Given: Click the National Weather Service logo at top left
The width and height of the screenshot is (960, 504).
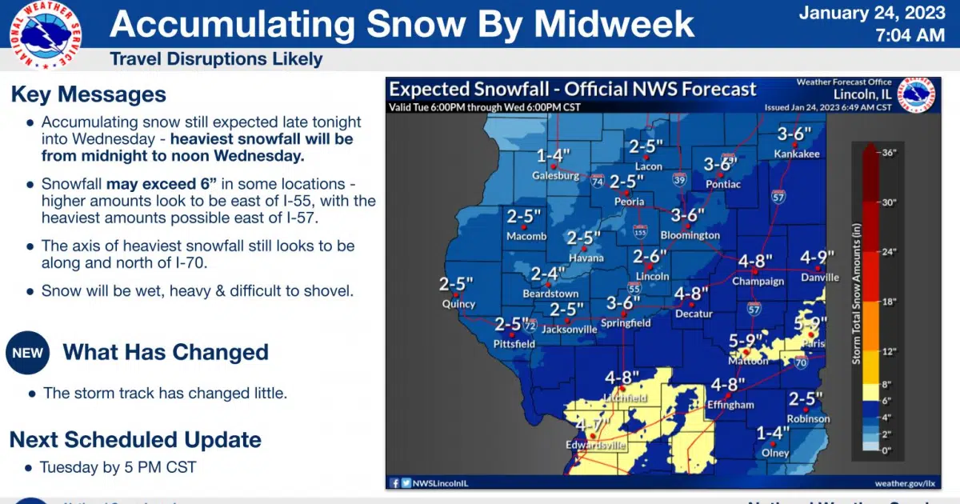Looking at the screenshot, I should pyautogui.click(x=45, y=34).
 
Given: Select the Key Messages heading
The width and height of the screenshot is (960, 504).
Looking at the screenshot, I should pyautogui.click(x=88, y=94).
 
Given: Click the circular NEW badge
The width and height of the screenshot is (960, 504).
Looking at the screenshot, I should pyautogui.click(x=28, y=353).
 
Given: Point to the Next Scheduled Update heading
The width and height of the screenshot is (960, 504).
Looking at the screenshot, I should pyautogui.click(x=135, y=439).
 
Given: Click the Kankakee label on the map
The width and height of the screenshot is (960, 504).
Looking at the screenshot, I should pyautogui.click(x=796, y=154).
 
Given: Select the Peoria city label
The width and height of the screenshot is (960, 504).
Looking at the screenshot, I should pyautogui.click(x=629, y=202).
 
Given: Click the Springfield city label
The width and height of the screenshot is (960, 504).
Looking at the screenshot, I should pyautogui.click(x=628, y=323).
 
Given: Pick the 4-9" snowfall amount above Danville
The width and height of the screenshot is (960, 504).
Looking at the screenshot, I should pyautogui.click(x=818, y=258).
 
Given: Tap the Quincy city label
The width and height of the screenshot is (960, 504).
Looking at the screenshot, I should pyautogui.click(x=458, y=304).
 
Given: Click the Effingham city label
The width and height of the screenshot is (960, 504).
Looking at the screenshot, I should pyautogui.click(x=730, y=405).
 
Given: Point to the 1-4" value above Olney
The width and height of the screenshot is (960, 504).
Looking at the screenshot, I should pyautogui.click(x=773, y=433).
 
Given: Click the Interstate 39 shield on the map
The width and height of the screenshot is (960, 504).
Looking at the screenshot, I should pyautogui.click(x=678, y=178).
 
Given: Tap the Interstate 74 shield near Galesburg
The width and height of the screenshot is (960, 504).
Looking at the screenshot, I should pyautogui.click(x=597, y=182).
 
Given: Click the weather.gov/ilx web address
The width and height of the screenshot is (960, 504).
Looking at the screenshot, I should pyautogui.click(x=904, y=482).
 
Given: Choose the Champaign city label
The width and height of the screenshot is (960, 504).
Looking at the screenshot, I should pyautogui.click(x=757, y=282).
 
